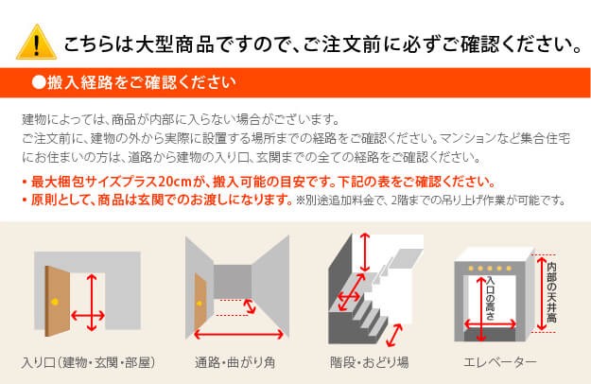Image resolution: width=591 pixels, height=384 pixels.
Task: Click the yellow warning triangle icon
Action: point(36,43)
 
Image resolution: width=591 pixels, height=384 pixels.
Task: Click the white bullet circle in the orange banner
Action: point(39,82)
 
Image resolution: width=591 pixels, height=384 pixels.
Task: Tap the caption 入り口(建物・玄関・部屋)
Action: point(89,362)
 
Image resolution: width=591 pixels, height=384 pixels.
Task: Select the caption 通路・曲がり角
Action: point(235,362)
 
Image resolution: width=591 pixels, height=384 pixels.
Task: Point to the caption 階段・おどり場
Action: point(370,362)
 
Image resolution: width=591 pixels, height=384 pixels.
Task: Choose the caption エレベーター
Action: point(500,362)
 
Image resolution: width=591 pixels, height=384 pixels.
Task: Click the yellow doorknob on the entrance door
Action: point(55,302)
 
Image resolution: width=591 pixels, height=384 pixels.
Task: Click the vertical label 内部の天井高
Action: point(551,292)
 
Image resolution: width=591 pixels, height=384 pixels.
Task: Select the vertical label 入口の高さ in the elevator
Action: point(490,299)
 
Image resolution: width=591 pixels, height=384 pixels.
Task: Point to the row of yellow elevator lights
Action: point(490,269)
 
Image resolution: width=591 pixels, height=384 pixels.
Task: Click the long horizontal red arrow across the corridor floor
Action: point(238,334)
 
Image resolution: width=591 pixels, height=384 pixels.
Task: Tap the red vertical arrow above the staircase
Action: point(364,253)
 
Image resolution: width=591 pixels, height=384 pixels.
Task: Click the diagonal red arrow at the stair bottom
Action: point(394,335)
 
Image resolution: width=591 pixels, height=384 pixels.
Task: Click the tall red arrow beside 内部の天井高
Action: point(541,294)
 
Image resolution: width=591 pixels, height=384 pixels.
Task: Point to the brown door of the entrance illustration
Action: point(58,301)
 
